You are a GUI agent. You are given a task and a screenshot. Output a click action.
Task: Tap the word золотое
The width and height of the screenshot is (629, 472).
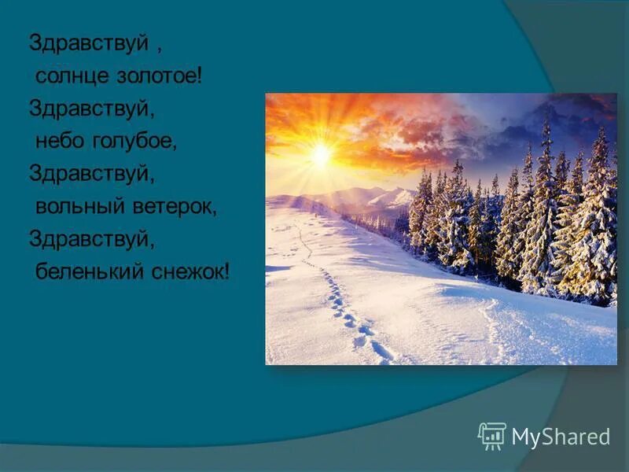click(x=153, y=77)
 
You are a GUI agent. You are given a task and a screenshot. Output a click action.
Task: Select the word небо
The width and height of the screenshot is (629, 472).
click(x=57, y=142)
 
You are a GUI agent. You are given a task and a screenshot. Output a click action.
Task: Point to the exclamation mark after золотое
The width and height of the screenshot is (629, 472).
click(x=200, y=76)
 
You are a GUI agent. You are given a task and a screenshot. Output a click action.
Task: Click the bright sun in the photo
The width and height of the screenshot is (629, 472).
click(x=320, y=155)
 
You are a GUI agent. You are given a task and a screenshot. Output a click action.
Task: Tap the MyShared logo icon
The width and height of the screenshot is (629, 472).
click(x=491, y=435)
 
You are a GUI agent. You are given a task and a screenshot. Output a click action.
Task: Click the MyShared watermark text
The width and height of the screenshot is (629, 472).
click(x=561, y=437)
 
